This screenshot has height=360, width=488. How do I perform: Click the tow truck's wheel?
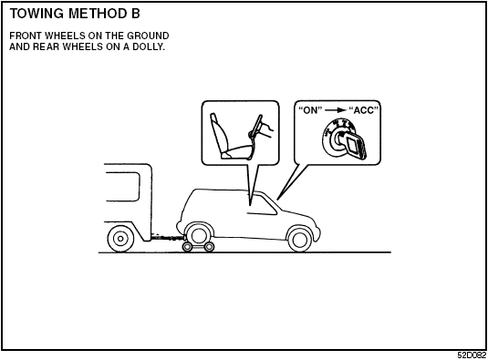(x=119, y=239)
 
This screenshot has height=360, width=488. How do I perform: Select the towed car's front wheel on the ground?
(x=298, y=239)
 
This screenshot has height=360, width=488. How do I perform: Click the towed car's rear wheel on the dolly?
(x=198, y=236)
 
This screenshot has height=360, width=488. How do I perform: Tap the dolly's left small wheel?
(x=187, y=246)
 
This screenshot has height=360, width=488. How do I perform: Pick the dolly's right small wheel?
(x=210, y=246)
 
